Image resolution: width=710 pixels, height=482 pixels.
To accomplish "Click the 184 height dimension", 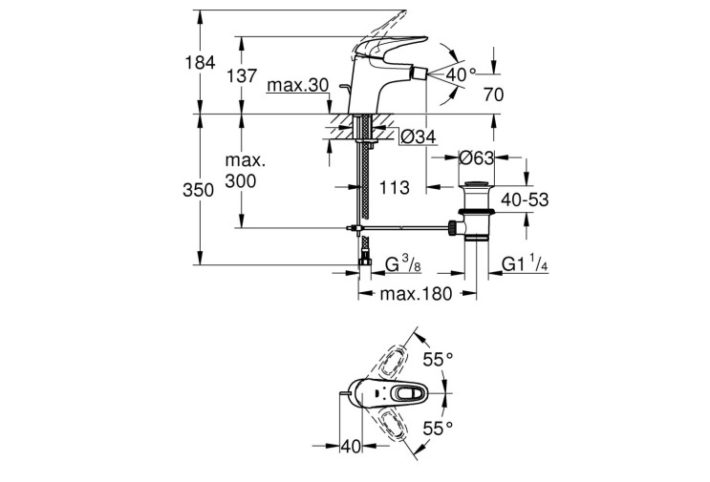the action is click(x=200, y=62).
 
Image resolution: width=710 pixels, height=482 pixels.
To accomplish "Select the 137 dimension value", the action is click(x=242, y=76).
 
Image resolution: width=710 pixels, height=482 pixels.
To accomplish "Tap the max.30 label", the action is click(x=297, y=85).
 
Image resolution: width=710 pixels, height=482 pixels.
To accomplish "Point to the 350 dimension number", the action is click(x=199, y=190).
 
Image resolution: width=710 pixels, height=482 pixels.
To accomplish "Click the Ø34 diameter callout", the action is click(x=419, y=136).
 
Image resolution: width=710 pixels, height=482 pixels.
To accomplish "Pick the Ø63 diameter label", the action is click(x=476, y=157).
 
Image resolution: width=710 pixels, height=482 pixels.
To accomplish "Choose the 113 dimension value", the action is click(x=394, y=187).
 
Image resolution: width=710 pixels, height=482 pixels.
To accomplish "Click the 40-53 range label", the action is click(x=525, y=199).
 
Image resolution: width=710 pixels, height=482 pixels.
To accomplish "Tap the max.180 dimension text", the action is click(x=416, y=294).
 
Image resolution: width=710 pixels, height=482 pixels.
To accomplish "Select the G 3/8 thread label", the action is click(x=403, y=263).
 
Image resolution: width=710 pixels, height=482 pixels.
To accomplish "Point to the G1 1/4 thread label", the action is click(x=525, y=263).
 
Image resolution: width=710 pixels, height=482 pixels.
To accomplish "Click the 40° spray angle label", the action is click(x=461, y=74).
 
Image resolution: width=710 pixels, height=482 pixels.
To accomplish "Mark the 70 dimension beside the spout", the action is click(x=493, y=94).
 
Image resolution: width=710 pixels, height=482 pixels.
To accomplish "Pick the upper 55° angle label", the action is click(x=438, y=360).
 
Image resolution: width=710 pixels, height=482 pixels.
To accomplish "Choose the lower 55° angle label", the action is click(x=438, y=428).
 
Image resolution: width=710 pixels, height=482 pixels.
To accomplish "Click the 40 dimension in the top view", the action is click(x=351, y=447).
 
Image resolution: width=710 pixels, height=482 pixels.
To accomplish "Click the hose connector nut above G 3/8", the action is click(x=364, y=262).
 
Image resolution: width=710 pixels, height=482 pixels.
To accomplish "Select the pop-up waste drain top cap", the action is click(x=476, y=183).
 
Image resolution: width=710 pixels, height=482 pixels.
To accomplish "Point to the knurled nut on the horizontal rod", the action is click(x=452, y=228).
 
